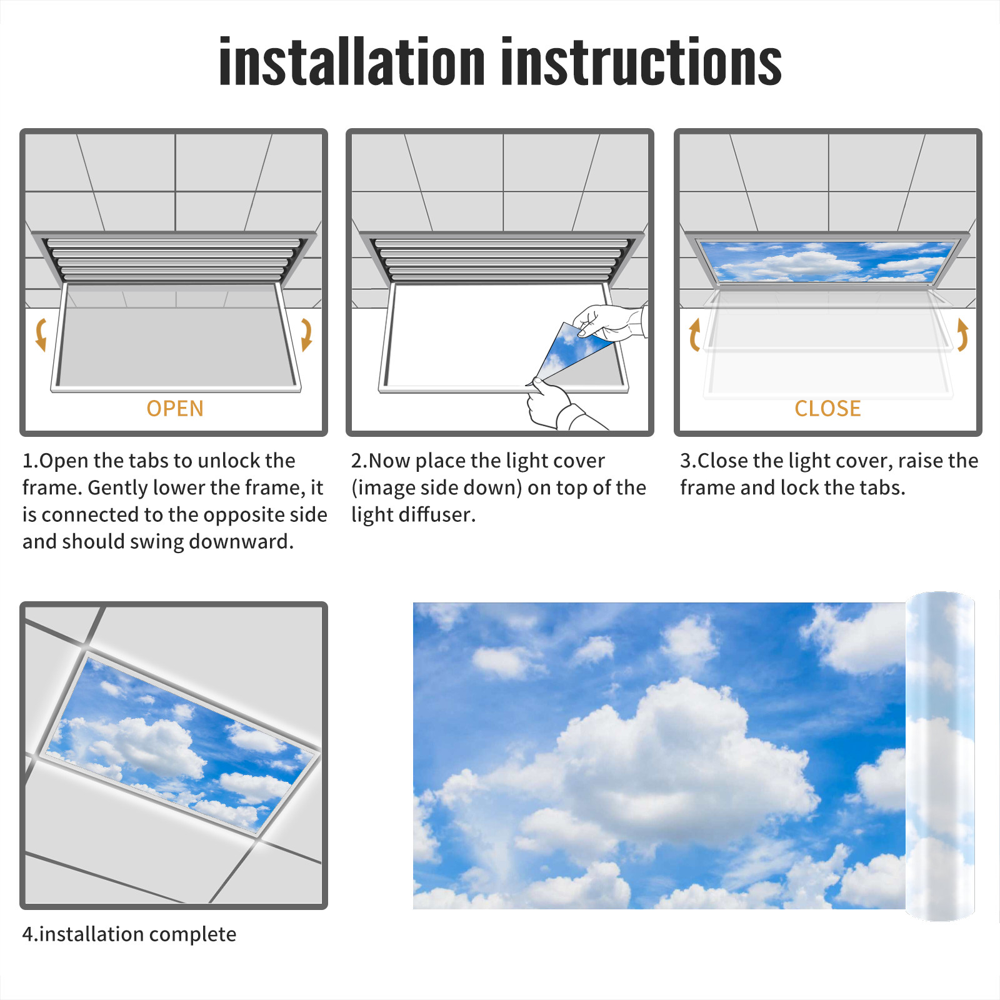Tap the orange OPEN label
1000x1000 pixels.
pyautogui.click(x=175, y=408)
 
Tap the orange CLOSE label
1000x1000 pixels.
pyautogui.click(x=827, y=408)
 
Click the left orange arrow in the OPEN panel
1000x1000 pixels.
pyautogui.click(x=41, y=334)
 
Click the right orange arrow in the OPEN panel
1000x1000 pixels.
pyautogui.click(x=306, y=334)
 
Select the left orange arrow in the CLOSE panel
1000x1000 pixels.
pyautogui.click(x=694, y=334)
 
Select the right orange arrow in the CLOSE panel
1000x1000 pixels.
pyautogui.click(x=962, y=334)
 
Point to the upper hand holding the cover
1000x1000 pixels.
pyautogui.click(x=609, y=322)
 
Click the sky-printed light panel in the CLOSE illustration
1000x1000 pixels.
pyautogui.click(x=827, y=261)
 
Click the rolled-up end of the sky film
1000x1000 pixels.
pyautogui.click(x=940, y=756)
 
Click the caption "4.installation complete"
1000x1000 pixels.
pyautogui.click(x=129, y=934)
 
